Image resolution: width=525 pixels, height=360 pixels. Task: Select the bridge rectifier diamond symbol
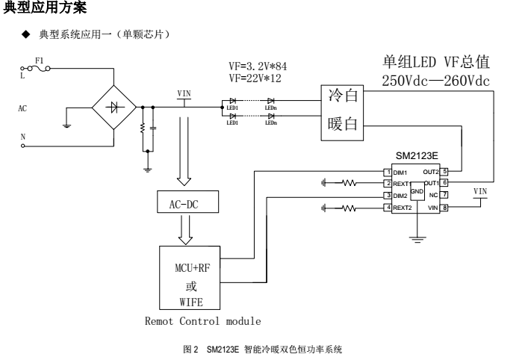click(x=114, y=107)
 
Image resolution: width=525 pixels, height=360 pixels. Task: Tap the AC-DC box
click(x=182, y=202)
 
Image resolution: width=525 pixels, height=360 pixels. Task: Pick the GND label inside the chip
click(x=417, y=192)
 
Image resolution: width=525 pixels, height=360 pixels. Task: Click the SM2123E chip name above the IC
click(x=417, y=157)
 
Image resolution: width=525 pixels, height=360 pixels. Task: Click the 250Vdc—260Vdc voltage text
click(x=436, y=81)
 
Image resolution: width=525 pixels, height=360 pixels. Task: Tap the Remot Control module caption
click(x=202, y=321)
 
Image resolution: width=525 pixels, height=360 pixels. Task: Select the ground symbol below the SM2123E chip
click(x=417, y=239)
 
